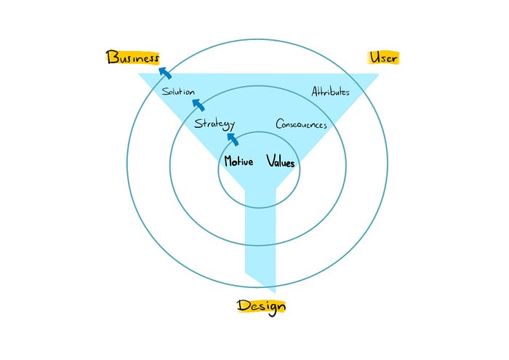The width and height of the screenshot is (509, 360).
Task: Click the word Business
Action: [132, 58]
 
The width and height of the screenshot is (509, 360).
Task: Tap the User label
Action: [384, 57]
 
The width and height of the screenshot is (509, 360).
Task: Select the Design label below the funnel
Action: [261, 306]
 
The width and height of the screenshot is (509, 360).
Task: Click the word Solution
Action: [178, 92]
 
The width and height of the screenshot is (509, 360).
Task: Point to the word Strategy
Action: [214, 124]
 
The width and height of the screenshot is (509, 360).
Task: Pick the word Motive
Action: [239, 161]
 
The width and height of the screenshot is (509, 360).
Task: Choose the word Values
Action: [281, 162]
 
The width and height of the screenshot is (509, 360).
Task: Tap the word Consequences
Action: [301, 124]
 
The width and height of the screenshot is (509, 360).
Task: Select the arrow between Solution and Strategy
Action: [198, 106]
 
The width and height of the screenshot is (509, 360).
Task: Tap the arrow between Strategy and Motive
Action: [233, 138]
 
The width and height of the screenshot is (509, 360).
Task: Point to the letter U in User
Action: [374, 57]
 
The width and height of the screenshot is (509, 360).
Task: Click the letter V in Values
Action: [270, 161]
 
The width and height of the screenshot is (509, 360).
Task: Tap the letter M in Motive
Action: [228, 161]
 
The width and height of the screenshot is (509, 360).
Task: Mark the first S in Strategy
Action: [198, 124]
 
